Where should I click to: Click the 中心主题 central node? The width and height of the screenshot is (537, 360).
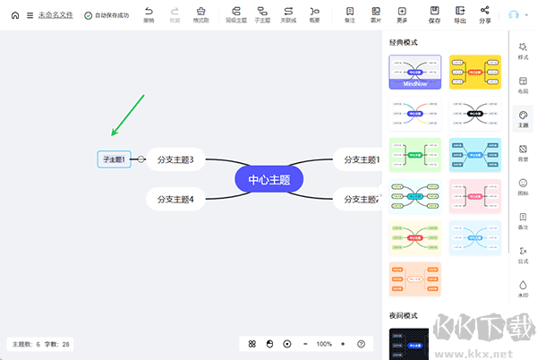[268, 178]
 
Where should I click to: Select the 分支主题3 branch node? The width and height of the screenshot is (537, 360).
[175, 159]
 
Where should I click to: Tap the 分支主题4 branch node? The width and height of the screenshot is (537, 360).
[175, 199]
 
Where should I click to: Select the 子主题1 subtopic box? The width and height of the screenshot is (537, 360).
[114, 159]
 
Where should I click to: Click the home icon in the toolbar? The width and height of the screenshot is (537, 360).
[14, 15]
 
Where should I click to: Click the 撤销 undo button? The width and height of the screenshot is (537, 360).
[149, 14]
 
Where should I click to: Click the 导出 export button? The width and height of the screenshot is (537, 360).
[460, 14]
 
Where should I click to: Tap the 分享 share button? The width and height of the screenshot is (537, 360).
[485, 14]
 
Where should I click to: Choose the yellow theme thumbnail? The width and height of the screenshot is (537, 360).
[474, 73]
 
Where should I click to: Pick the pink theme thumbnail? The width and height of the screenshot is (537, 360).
[474, 196]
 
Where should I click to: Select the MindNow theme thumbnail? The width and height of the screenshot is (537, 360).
[415, 73]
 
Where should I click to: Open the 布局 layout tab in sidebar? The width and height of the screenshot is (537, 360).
[523, 84]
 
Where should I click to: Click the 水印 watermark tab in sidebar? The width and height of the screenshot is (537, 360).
[523, 288]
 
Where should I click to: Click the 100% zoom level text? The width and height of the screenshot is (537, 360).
[324, 344]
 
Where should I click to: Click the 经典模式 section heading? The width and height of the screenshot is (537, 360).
[404, 42]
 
